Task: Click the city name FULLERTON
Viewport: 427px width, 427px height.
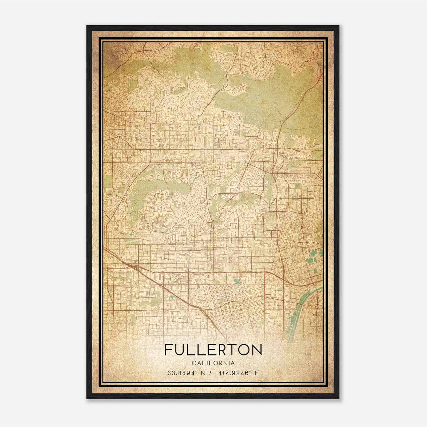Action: [x=213, y=349]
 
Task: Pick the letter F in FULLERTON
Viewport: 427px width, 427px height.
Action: [x=168, y=349]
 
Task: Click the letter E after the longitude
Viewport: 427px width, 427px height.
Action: [x=257, y=373]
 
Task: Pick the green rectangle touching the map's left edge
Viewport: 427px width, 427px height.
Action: [x=108, y=181]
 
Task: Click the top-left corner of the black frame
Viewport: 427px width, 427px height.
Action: [x=87, y=26]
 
